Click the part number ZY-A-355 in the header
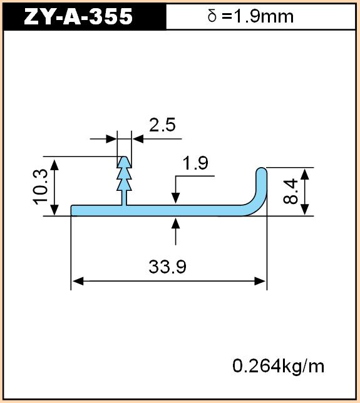pos(78,16)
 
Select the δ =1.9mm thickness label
pos(250,16)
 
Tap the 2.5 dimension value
pos(162,125)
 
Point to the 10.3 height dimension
pos(41,186)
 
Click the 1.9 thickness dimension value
pos(195,163)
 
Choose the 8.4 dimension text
pos(291,191)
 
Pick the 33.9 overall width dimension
pos(167,267)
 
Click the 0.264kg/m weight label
pos(278,366)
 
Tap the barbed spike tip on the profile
pos(125,158)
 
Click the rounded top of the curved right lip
pos(262,170)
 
